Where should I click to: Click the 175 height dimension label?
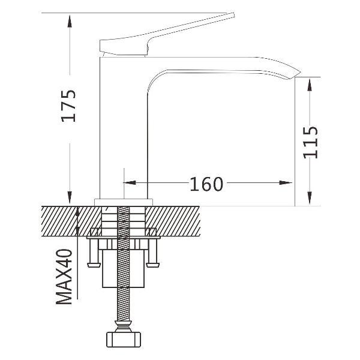click(x=68, y=106)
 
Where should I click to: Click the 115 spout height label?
click(x=310, y=142)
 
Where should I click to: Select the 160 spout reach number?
click(x=206, y=184)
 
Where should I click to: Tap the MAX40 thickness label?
click(x=64, y=277)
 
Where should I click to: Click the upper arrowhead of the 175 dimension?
click(x=70, y=21)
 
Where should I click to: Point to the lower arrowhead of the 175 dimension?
click(x=70, y=197)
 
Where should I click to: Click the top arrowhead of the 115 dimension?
click(x=310, y=85)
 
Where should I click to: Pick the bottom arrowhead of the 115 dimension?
click(x=310, y=199)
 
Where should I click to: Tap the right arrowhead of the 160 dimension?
click(x=286, y=183)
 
